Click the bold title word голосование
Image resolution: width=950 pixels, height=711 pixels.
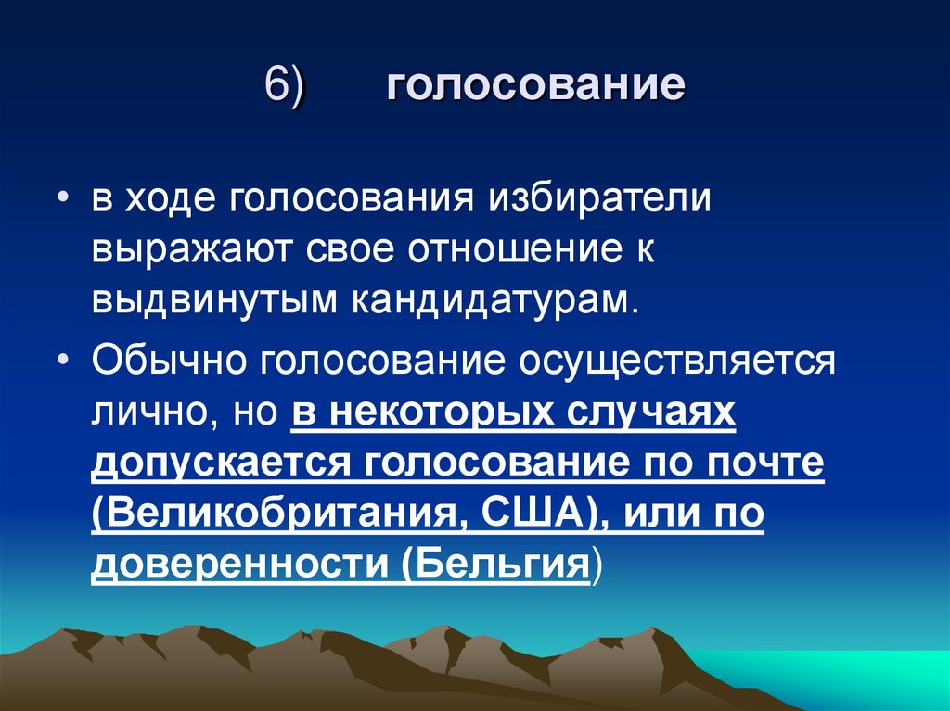tap(535, 88)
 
